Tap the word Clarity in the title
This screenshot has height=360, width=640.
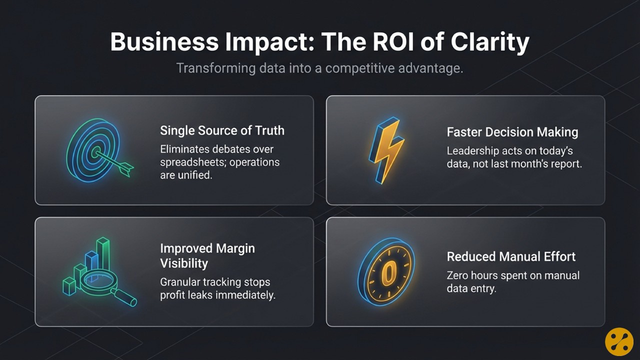(x=490, y=43)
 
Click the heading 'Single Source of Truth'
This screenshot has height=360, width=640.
(x=222, y=130)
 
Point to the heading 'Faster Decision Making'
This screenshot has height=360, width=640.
(x=512, y=132)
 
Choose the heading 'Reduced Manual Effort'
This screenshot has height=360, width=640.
(x=511, y=256)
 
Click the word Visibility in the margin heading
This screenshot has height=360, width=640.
(x=184, y=263)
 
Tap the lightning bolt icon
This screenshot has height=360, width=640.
(x=386, y=150)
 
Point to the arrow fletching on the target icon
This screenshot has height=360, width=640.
(x=125, y=168)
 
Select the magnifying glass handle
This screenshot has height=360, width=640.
(x=124, y=297)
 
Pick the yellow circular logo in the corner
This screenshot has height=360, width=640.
(x=619, y=341)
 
